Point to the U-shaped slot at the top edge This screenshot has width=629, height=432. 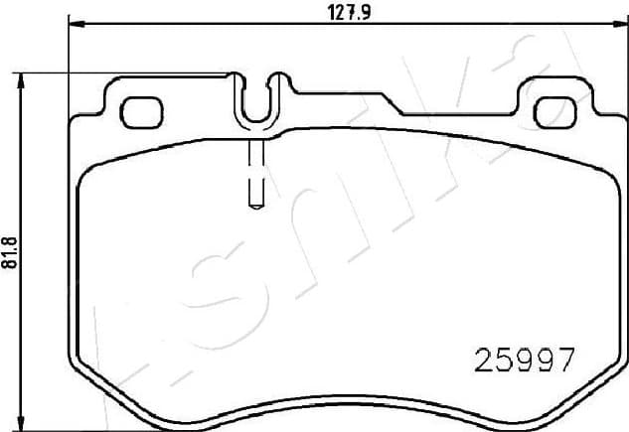(x=257, y=99)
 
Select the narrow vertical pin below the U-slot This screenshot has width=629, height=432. (x=254, y=169)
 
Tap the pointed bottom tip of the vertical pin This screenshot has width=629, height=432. (x=254, y=206)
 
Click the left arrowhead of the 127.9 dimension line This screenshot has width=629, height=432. (x=73, y=24)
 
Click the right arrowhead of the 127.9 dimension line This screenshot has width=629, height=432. (x=622, y=24)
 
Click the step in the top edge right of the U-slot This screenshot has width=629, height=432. (x=299, y=91)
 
